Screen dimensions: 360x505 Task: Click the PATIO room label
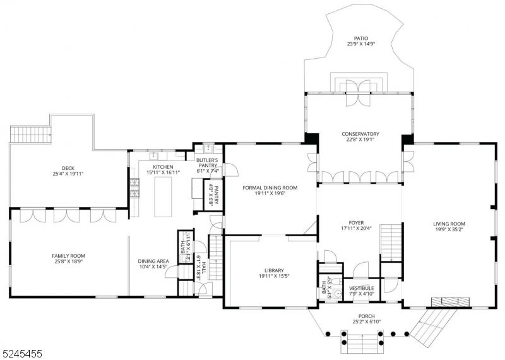(x=360, y=38)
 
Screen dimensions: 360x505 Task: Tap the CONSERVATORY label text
(x=360, y=134)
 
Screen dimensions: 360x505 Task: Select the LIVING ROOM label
(x=449, y=224)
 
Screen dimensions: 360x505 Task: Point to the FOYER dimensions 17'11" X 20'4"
(x=357, y=229)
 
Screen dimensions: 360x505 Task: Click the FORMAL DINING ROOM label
(x=270, y=188)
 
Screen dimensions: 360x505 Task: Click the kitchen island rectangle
(x=163, y=196)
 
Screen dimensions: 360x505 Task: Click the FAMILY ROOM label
(x=68, y=256)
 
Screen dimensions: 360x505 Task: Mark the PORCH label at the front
(x=366, y=316)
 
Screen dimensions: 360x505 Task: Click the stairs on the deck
(x=31, y=134)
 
